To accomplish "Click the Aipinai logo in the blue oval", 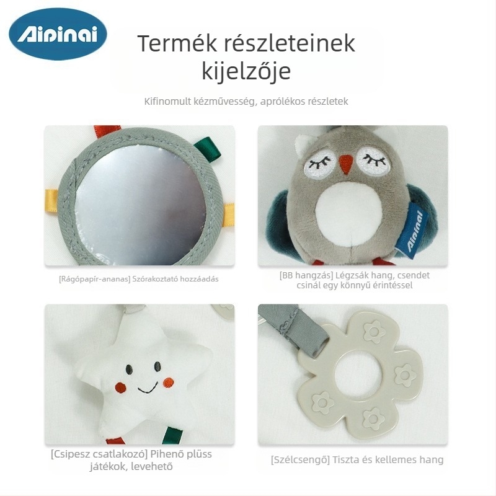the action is (58, 34).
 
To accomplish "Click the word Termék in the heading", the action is (177, 43).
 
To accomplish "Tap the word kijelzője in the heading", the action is (246, 71).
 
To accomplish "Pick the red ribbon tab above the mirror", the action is (107, 130).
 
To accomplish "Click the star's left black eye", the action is (129, 369).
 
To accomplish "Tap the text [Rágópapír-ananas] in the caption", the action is (95, 279).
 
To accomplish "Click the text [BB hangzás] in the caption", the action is (306, 275).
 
